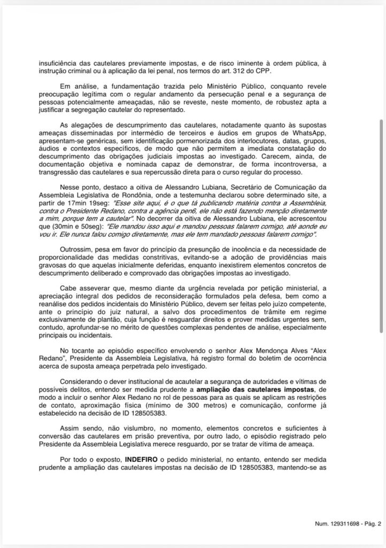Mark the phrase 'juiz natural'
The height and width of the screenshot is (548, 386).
[122, 313]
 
